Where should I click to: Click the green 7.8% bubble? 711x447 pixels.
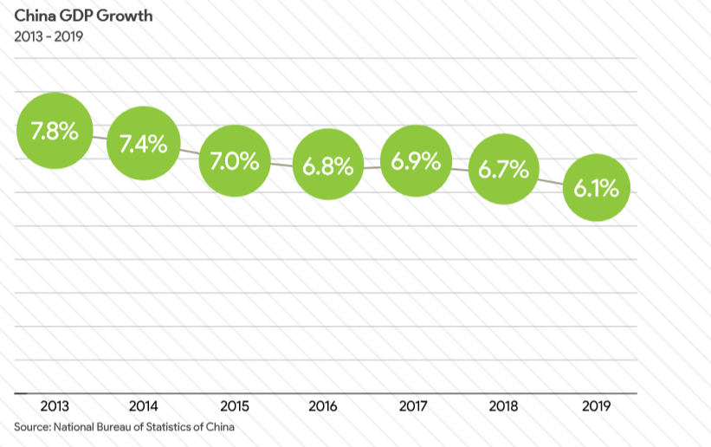[x=54, y=133]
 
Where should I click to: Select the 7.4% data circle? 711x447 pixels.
[x=143, y=144]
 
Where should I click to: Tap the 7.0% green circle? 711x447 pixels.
[x=235, y=160]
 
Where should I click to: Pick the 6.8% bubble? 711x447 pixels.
[x=327, y=166]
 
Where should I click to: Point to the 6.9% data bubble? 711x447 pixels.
[x=416, y=161]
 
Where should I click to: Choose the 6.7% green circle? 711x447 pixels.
[x=504, y=169]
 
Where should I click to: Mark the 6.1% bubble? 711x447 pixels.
[x=597, y=187]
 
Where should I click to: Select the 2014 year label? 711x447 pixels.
[x=143, y=405]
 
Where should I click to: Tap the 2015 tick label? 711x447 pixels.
[x=235, y=405]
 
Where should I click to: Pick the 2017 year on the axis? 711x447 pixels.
[x=416, y=405]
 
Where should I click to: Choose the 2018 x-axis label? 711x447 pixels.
[x=504, y=405]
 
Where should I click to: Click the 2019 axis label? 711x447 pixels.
[x=597, y=405]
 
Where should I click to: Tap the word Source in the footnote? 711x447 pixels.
[x=31, y=426]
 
